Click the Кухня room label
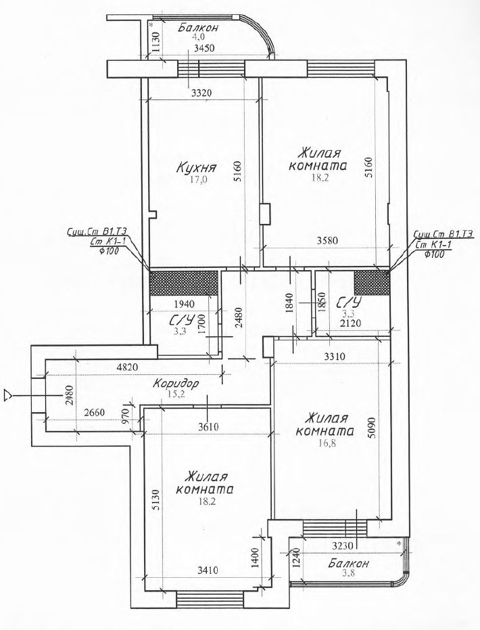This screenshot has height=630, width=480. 197,168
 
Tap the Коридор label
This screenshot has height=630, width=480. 176,384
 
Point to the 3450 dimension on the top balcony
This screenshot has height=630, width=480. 204,48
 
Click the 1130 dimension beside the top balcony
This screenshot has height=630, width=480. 156,42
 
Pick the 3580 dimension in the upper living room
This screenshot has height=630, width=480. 327,241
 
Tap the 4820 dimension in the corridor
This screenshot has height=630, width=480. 127,367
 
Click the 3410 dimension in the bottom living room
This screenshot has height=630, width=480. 208,569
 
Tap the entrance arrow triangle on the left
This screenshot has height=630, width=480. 7,395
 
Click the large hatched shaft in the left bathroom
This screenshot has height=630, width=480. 184,283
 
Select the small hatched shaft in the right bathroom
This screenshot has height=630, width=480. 372,283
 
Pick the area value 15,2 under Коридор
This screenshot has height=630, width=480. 176,394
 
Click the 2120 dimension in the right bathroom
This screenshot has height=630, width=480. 350,323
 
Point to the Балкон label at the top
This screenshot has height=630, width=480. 199,28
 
